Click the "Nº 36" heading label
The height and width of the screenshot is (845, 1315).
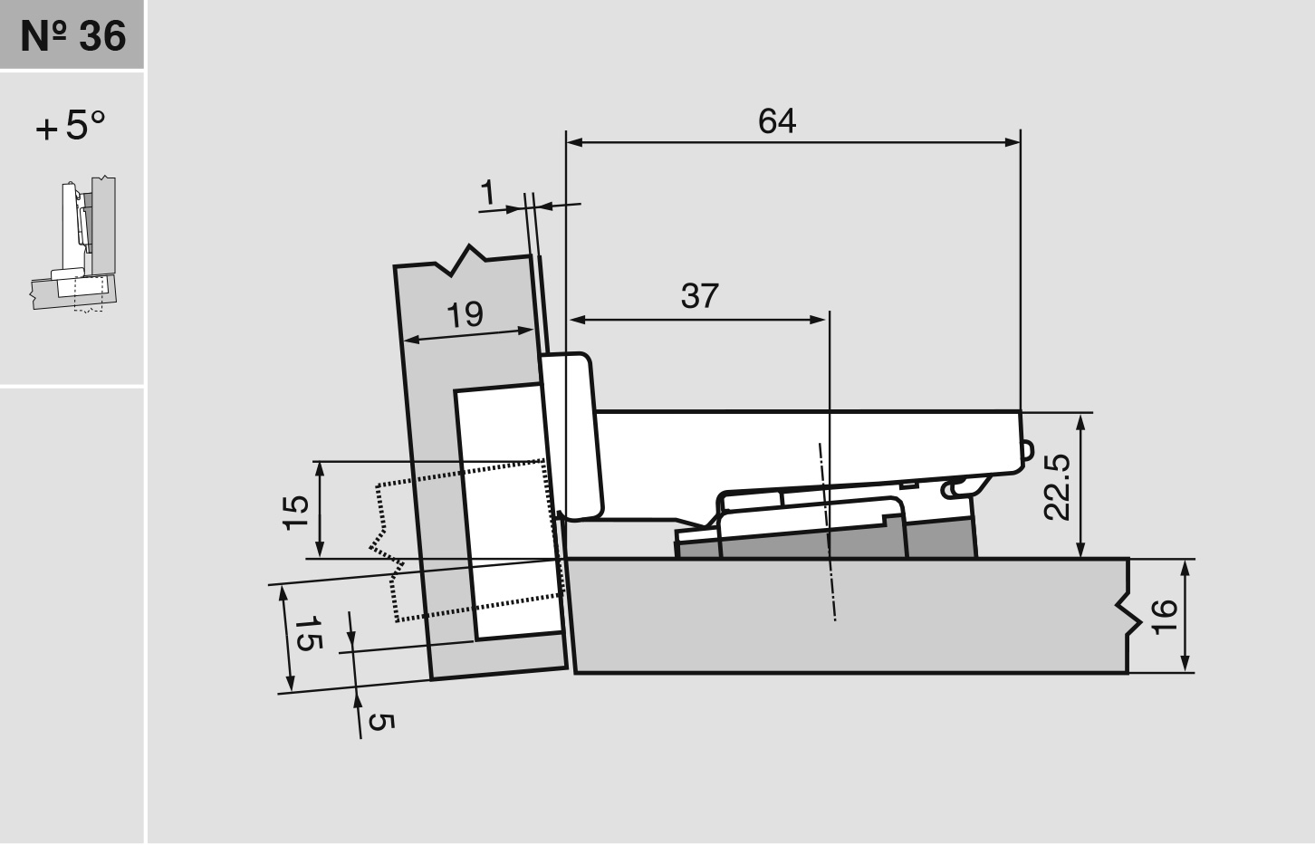(72, 35)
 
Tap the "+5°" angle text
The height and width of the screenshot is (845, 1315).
(71, 126)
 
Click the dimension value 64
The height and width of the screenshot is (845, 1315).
(777, 120)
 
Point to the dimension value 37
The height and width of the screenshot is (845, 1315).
(699, 296)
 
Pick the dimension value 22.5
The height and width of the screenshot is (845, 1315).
(1057, 486)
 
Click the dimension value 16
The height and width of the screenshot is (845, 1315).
(1165, 616)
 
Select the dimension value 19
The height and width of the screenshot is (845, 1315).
(465, 314)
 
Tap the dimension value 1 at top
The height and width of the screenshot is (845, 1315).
(488, 192)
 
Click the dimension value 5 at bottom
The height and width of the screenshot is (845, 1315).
(381, 722)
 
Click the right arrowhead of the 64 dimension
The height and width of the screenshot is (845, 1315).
(1013, 142)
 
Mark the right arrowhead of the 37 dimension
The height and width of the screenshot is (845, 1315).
(819, 319)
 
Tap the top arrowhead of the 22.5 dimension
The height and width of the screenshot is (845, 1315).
(1080, 420)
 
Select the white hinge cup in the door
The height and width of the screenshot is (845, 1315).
(507, 507)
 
